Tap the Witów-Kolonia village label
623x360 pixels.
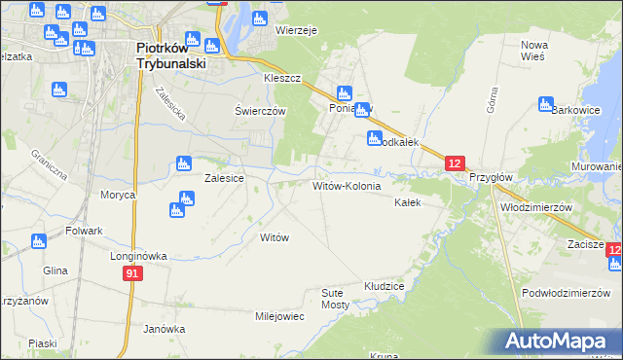click(352, 185)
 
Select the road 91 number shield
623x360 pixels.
click(134, 275)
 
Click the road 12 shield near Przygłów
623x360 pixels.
click(456, 163)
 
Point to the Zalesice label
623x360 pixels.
click(223, 179)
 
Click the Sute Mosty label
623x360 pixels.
click(335, 298)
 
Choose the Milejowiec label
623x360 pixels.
click(280, 316)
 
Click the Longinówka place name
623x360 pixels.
click(138, 256)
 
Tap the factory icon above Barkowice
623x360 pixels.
click(545, 102)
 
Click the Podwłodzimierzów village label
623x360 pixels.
click(572, 293)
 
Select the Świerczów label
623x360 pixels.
click(260, 111)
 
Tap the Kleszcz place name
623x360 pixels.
click(282, 77)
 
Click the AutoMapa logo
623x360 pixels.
click(558, 341)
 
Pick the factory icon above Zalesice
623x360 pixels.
click(182, 163)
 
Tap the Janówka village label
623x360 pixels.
click(164, 329)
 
